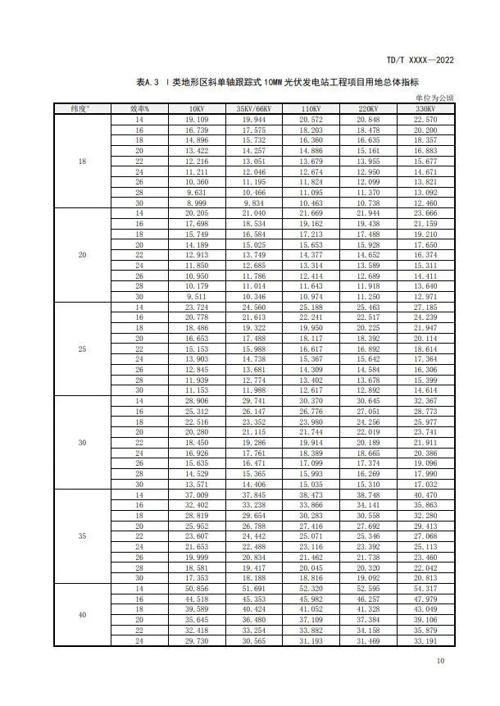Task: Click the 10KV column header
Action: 196,109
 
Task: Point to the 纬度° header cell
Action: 81,109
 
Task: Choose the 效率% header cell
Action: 139,109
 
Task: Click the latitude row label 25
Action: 81,349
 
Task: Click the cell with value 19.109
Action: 196,120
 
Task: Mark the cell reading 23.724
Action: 196,307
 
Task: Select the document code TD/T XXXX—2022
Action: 420,61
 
